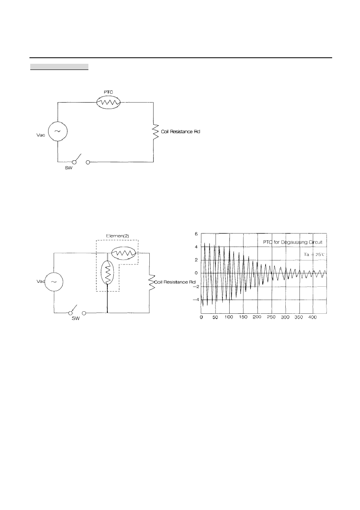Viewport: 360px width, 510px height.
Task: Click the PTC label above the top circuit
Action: pos(108,92)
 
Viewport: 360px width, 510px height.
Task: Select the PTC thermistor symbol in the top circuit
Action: pos(108,103)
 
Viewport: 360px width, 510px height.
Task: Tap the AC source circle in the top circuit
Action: pos(58,131)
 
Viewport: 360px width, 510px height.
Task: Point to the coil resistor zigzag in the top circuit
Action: pos(155,132)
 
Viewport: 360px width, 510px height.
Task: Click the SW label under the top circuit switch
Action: pos(69,168)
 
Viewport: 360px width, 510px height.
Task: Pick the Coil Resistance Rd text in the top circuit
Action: pos(180,132)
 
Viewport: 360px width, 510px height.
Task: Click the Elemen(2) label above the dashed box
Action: pos(117,236)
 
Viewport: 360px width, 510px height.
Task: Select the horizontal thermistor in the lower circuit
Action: pos(123,253)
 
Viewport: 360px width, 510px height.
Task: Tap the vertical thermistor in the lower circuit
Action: pos(107,273)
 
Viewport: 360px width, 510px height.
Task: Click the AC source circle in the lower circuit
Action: pos(54,282)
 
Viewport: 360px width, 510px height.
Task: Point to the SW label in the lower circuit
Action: pos(75,319)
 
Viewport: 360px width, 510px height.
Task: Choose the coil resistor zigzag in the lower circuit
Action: pos(152,282)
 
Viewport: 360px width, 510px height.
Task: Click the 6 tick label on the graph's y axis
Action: pos(196,234)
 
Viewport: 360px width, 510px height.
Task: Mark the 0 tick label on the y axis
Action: pos(196,273)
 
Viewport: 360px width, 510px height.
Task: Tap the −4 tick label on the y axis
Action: pos(195,300)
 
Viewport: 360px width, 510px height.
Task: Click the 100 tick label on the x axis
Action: pos(229,317)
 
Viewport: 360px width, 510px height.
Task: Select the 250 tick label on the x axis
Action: pos(271,317)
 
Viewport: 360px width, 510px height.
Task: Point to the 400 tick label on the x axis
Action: pos(313,317)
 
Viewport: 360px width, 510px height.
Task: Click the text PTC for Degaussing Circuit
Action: pos(293,242)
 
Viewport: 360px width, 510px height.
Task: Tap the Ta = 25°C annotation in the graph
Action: pos(314,254)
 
